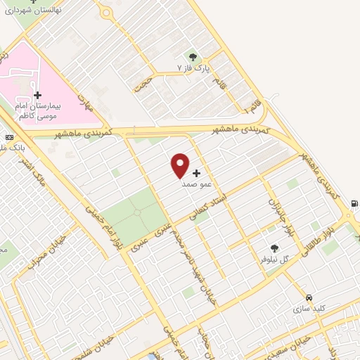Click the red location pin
(181, 165)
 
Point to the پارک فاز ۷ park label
(193, 68)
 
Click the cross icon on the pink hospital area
(37, 95)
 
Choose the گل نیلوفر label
(275, 259)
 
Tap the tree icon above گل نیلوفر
(274, 248)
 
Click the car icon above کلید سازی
(309, 297)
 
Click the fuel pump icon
(352, 204)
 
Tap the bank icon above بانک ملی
(9, 137)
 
